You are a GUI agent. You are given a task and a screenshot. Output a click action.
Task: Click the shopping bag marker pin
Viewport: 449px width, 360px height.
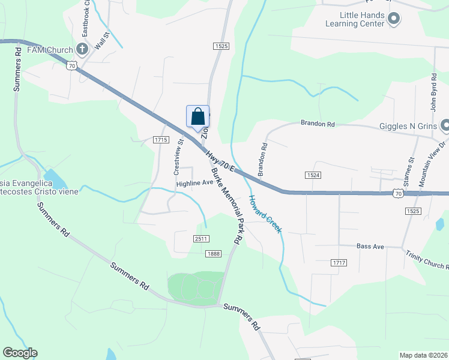[x=198, y=116]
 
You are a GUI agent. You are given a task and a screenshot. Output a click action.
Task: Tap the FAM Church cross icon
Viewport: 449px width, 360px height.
[x=82, y=49]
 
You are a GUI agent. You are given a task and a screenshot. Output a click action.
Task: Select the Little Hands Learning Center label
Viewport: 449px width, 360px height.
[x=354, y=20]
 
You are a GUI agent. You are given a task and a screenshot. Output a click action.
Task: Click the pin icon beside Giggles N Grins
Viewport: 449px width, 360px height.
[x=445, y=125]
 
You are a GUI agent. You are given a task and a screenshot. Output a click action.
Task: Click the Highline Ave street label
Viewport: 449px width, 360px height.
[x=194, y=183]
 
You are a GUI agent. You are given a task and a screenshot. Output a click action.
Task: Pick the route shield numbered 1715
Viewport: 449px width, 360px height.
[x=160, y=139]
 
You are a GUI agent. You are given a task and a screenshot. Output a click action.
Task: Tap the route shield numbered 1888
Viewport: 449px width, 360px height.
[x=214, y=254]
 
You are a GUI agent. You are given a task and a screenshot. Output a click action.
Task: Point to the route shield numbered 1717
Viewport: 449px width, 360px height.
[x=339, y=263]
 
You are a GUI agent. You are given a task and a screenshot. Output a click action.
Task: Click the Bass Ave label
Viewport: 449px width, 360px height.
[x=370, y=246]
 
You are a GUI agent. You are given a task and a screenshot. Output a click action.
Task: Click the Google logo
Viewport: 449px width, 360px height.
[x=20, y=353]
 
